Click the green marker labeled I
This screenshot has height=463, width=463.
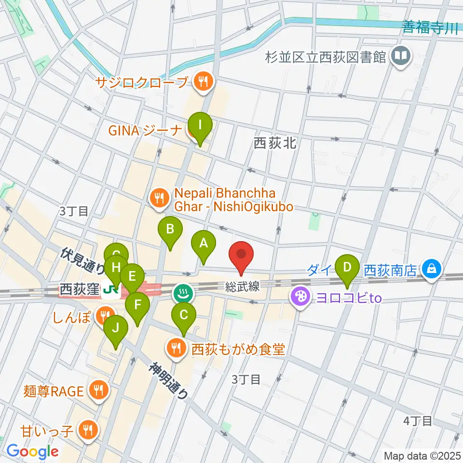tap(200, 126)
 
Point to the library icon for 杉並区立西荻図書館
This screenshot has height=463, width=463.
tap(400, 57)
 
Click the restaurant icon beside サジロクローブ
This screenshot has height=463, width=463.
tap(202, 82)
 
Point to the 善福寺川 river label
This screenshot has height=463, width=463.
tap(430, 28)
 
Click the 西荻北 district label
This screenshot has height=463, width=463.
tap(274, 143)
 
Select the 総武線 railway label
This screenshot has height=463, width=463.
tap(243, 287)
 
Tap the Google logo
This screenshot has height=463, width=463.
tap(33, 451)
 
